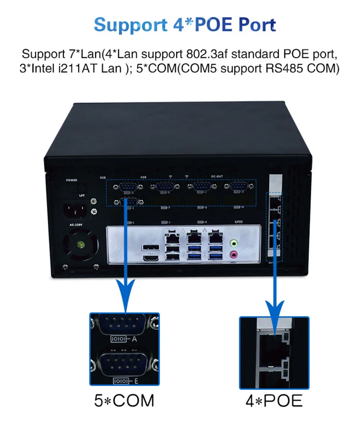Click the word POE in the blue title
[219, 24]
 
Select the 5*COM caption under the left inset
[124, 400]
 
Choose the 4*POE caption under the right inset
[274, 400]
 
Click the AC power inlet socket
[76, 211]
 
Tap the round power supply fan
[79, 246]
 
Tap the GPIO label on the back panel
[239, 222]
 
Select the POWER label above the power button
[71, 180]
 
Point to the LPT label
[81, 195]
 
